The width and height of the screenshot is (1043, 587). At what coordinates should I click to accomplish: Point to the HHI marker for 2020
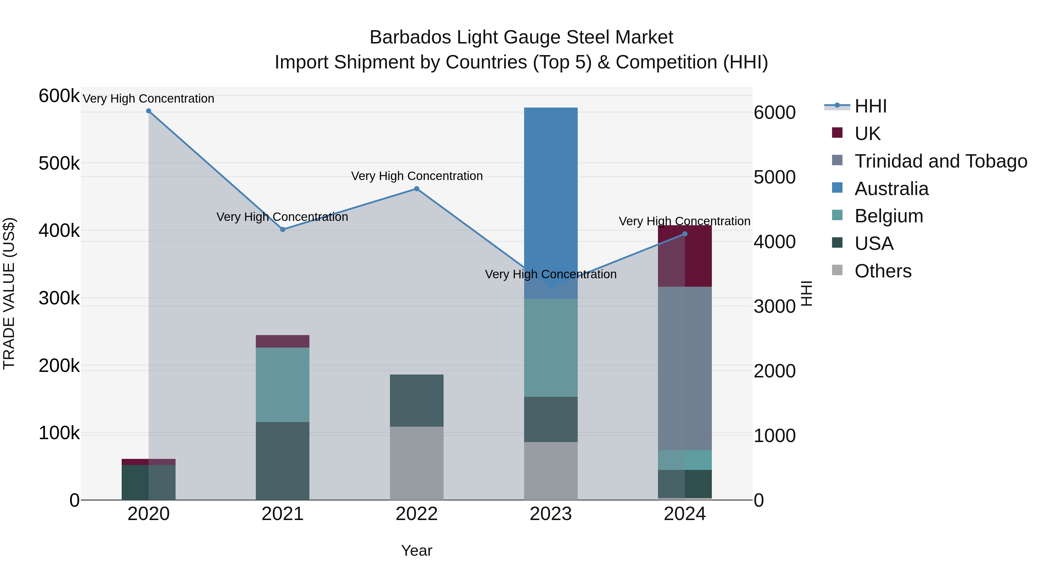149,111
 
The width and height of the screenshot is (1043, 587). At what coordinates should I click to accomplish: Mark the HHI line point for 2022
417,189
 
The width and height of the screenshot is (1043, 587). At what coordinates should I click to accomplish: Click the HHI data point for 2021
282,229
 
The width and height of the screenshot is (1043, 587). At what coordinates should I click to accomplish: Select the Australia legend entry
891,188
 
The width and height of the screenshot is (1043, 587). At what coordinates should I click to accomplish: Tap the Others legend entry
883,271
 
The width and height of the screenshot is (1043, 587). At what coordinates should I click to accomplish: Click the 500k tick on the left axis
59,164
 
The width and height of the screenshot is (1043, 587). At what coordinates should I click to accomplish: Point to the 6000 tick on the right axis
774,113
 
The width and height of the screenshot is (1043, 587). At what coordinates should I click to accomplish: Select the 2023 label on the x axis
551,514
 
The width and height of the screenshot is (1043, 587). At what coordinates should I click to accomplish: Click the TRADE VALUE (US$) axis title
9,293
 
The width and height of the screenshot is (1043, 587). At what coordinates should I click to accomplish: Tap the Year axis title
417,550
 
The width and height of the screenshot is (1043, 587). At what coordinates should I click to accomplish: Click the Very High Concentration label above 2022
417,176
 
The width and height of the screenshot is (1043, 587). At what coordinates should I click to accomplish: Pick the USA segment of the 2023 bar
551,419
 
